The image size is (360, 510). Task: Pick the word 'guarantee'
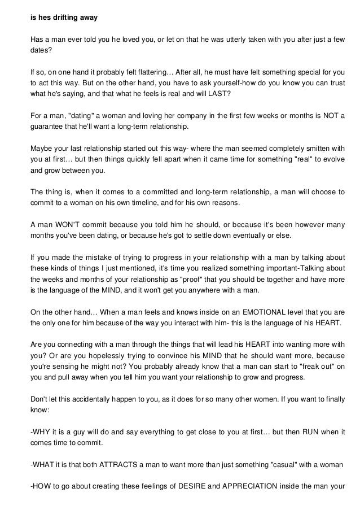(x=46, y=126)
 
